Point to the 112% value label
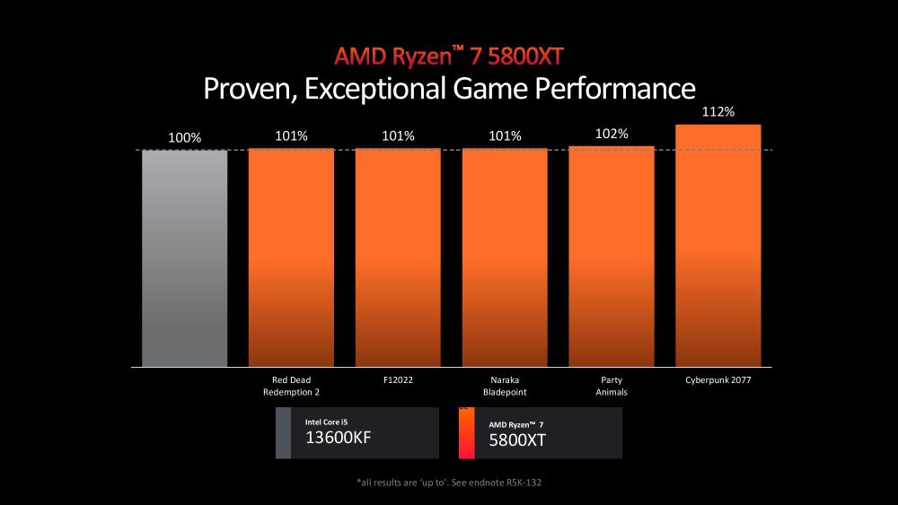point(718,112)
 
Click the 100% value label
point(185,138)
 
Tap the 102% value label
point(612,134)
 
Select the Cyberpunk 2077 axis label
point(718,380)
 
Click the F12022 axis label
point(398,380)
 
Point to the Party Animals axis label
point(612,386)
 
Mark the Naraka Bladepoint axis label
point(505,386)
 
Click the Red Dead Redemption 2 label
point(291,386)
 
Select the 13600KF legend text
point(339,440)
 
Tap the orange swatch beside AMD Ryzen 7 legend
point(466,433)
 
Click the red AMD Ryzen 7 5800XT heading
point(449,56)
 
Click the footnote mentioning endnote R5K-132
point(449,483)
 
